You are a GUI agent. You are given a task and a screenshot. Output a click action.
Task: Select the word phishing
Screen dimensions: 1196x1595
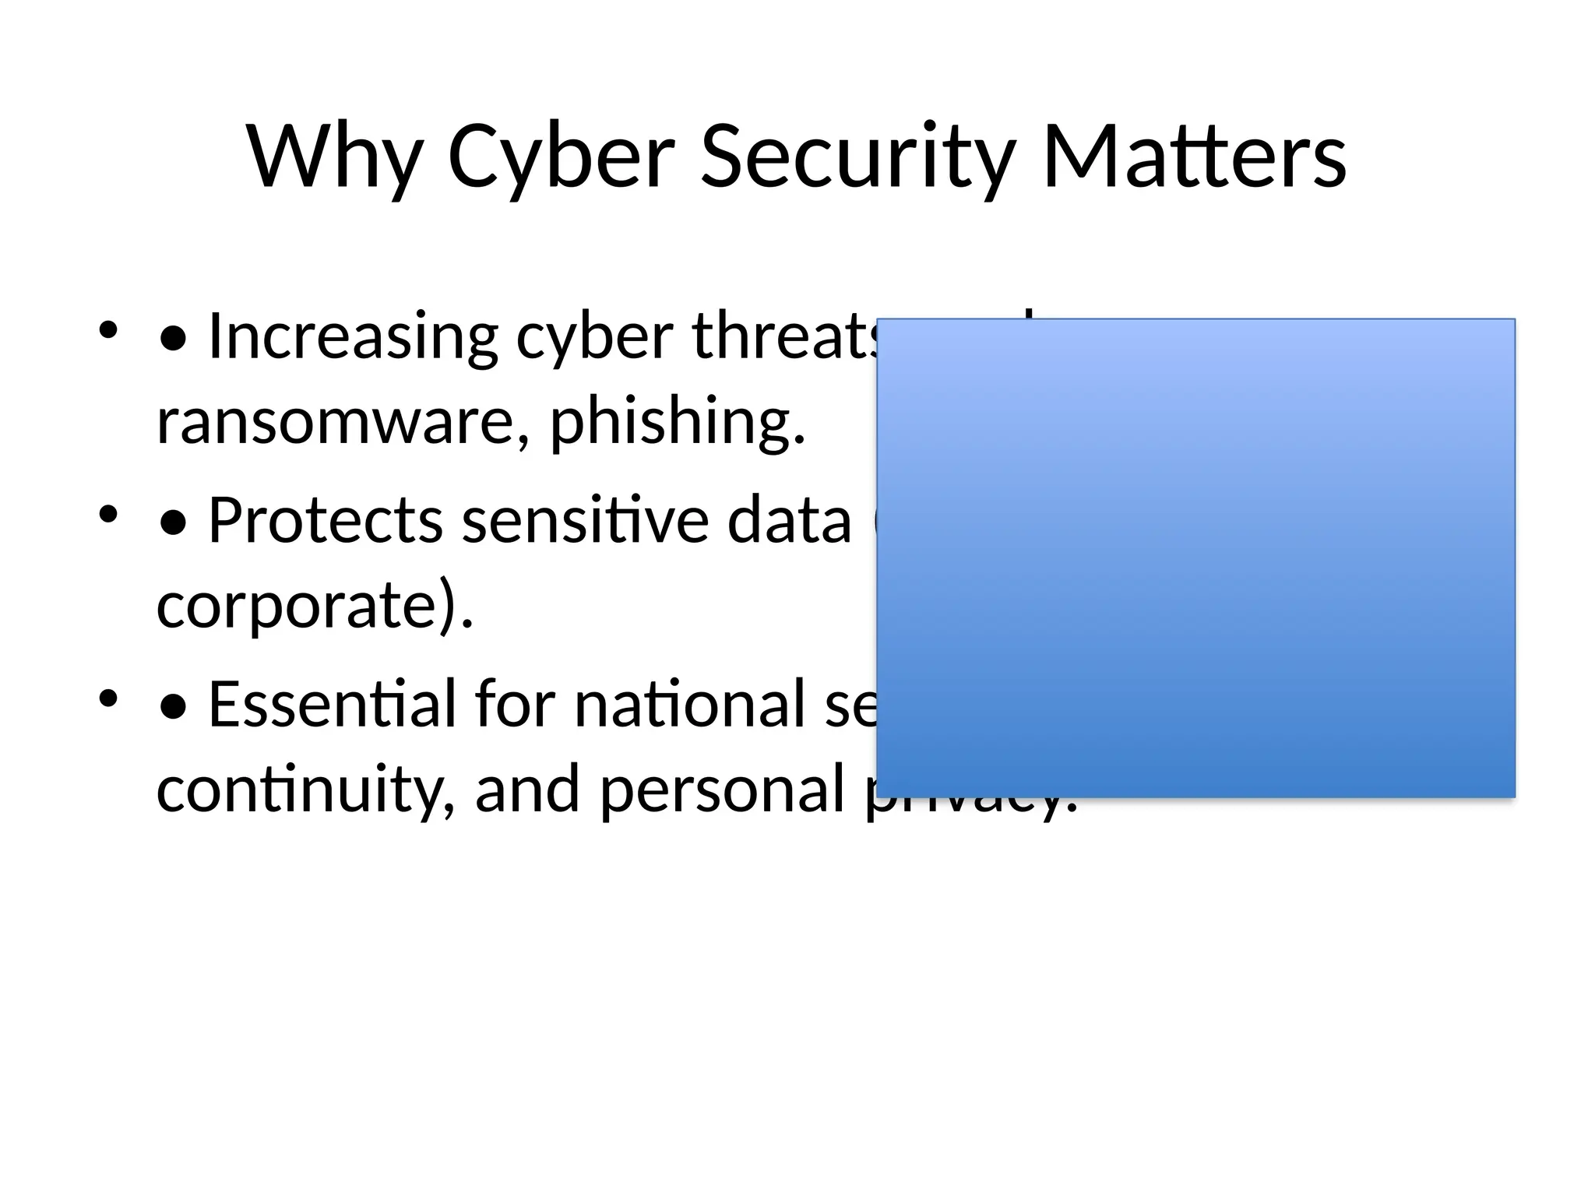pyautogui.click(x=677, y=422)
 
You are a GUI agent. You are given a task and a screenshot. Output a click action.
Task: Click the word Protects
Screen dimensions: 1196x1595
pyautogui.click(x=326, y=520)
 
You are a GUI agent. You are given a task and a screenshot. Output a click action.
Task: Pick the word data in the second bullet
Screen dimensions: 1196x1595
pyautogui.click(x=789, y=520)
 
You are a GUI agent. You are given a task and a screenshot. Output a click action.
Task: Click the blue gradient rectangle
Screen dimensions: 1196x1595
pyautogui.click(x=1195, y=558)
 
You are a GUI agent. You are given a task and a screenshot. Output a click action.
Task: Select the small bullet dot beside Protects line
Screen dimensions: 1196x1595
pyautogui.click(x=107, y=513)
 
